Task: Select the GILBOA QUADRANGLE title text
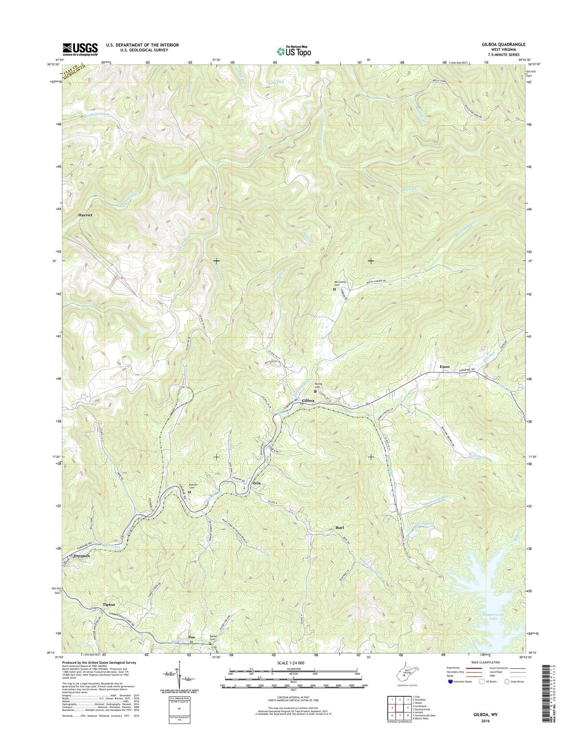click(x=503, y=44)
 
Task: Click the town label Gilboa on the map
click(x=308, y=401)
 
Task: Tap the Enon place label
click(x=445, y=366)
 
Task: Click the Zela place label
click(x=257, y=483)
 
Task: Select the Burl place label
click(x=340, y=528)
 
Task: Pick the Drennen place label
click(x=81, y=555)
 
